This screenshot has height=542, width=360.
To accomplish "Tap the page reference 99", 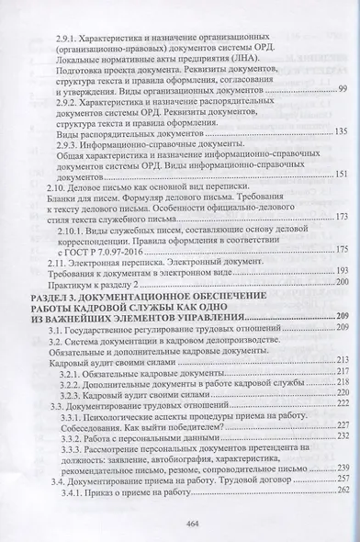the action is (x=342, y=113).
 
